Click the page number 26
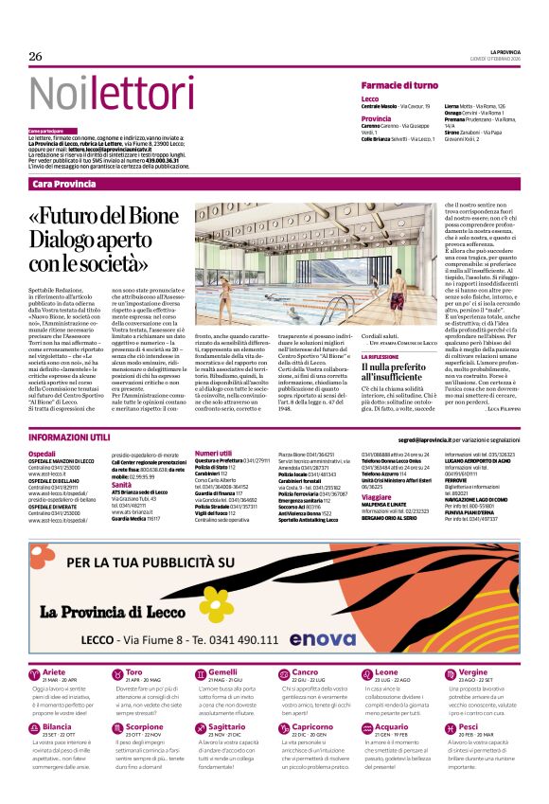coord(35,57)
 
